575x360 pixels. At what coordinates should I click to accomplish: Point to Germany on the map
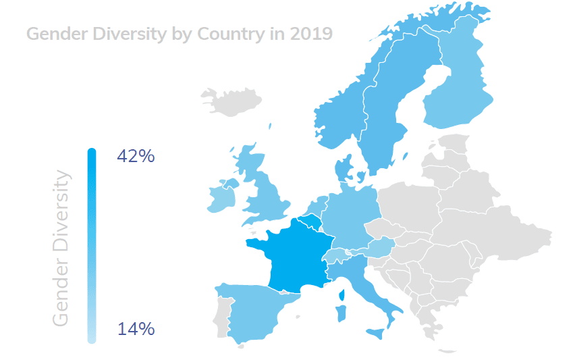tap(348, 216)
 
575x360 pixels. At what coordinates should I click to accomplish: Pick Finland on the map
tap(456, 88)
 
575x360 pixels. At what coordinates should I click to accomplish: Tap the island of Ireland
tap(219, 197)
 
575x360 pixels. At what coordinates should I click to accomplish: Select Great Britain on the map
tap(267, 196)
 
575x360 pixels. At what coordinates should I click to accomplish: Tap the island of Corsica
tap(342, 294)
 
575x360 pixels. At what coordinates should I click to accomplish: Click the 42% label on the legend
tap(136, 156)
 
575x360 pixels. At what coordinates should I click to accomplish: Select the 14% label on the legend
tap(136, 330)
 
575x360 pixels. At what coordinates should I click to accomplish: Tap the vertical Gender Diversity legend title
tap(61, 248)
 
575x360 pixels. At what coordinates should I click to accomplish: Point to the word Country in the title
tap(226, 33)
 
